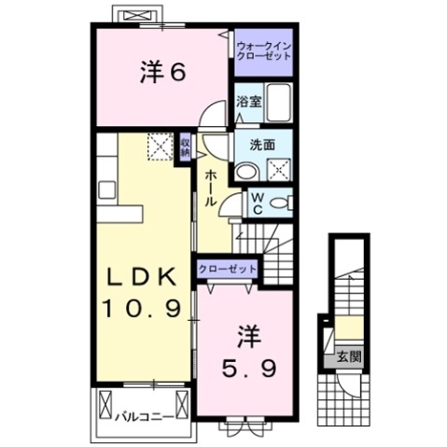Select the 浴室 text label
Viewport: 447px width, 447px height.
coord(247,102)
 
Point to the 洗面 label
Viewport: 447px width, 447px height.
coord(261,145)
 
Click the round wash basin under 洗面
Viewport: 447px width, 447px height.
coord(247,171)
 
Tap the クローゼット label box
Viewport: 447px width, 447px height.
coord(227,269)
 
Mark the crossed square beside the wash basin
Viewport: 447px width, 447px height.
coord(278,169)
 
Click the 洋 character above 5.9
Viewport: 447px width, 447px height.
coord(247,332)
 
